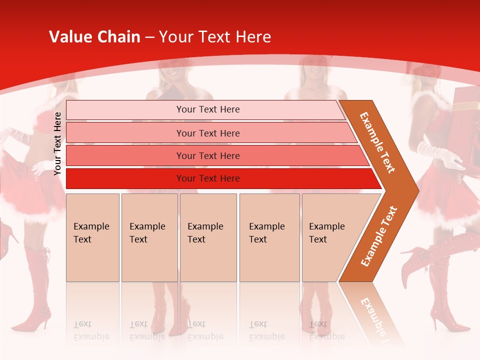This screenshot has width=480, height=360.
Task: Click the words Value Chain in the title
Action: pos(94,37)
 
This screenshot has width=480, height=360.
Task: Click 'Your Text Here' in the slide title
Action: pos(215,37)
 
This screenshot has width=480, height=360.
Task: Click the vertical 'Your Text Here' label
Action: pos(57,143)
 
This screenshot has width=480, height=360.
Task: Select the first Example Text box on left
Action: pos(92,237)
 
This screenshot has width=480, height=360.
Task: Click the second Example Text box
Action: pos(149,237)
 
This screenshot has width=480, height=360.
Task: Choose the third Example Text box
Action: pos(207,237)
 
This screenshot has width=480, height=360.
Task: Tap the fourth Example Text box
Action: pos(269,237)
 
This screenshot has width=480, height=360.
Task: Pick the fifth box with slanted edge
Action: pos(330,237)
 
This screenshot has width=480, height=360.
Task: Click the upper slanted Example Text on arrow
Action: pos(377,142)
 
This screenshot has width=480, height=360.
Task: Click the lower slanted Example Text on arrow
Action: pos(379,236)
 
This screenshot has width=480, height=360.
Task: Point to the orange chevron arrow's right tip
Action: pos(417,190)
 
